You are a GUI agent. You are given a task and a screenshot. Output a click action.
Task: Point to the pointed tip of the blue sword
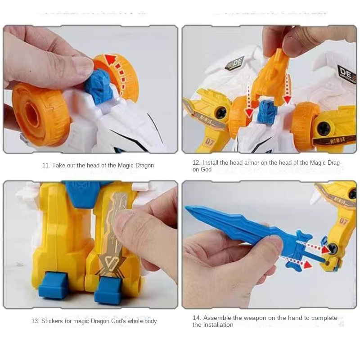tap(188, 208)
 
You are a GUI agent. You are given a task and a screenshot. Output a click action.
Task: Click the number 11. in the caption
tap(46, 166)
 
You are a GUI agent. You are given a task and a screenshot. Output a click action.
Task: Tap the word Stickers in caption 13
tap(53, 321)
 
